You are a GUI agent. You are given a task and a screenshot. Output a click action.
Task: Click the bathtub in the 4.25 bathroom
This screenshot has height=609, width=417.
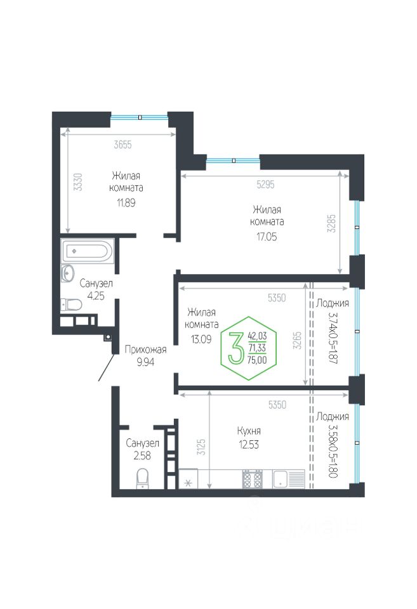coord(88,251)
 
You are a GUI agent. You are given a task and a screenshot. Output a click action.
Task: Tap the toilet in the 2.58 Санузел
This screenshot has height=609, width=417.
coord(143,478)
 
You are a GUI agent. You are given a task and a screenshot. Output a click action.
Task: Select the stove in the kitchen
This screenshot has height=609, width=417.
coord(252,479)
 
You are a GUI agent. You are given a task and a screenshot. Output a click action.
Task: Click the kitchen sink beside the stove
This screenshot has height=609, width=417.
coord(289,479)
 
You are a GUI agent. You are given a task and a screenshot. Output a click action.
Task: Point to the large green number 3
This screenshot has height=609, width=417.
coord(235,348)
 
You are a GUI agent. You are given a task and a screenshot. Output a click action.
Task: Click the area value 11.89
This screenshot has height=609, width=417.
coord(126,202)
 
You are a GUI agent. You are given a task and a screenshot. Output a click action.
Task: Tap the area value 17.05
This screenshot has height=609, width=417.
coord(267,237)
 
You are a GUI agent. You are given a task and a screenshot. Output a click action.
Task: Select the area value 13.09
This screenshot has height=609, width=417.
coord(201,339)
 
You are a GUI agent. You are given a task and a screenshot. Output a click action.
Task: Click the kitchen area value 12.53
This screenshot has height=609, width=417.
coord(249,444)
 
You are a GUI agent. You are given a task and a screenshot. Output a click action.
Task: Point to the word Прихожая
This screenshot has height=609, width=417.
coord(145,350)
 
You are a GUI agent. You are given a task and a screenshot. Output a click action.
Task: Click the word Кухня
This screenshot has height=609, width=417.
coord(249,431)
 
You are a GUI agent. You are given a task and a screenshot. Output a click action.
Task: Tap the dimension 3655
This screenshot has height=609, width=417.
coord(122,145)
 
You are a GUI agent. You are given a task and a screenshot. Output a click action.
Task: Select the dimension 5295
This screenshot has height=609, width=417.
coord(265,185)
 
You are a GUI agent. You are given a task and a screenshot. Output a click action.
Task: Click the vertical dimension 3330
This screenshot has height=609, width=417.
coord(79,182)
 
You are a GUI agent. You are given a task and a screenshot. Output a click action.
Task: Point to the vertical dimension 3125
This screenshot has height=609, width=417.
coord(201,447)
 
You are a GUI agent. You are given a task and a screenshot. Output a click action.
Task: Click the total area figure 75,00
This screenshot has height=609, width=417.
coord(257,360)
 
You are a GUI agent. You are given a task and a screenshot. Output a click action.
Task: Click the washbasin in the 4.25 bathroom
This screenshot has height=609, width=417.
coord(68,273)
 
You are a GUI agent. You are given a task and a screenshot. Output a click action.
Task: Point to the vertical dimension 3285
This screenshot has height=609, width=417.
coord(331,224)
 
